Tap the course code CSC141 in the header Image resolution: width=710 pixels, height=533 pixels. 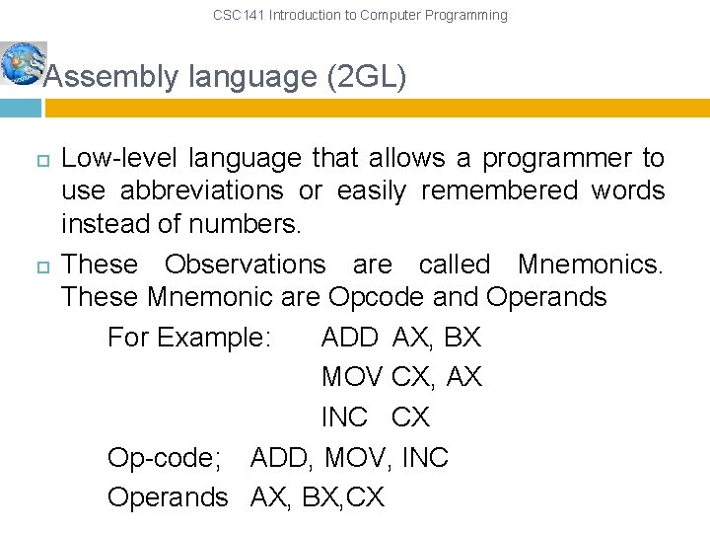[x=239, y=15]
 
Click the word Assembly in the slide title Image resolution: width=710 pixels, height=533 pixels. [x=106, y=77]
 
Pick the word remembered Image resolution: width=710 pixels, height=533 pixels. [x=499, y=190]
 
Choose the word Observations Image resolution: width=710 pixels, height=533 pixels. [x=245, y=265]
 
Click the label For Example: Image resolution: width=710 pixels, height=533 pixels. [x=188, y=338]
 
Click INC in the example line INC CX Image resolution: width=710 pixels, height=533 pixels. [x=344, y=418]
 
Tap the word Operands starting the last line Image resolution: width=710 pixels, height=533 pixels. [x=168, y=497]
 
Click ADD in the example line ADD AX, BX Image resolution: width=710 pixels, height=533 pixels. [x=349, y=338]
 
